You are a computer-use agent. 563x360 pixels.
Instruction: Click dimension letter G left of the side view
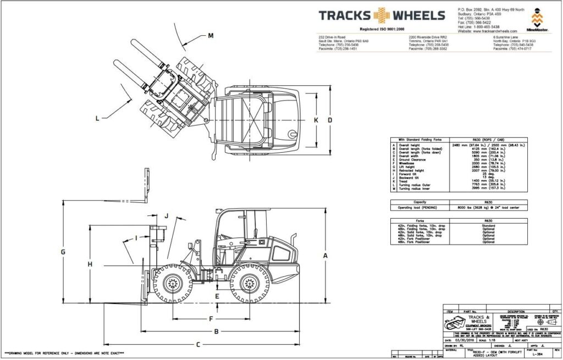click(63, 252)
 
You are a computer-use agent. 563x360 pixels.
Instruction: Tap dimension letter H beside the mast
click(90, 264)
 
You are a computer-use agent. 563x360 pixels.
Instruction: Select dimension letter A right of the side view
click(325, 256)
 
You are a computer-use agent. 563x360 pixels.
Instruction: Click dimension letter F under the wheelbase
click(211, 319)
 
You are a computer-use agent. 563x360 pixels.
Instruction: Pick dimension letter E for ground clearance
click(218, 297)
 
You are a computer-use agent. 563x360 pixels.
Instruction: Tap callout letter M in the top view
click(211, 36)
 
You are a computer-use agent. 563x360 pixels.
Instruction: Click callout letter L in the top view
click(97, 118)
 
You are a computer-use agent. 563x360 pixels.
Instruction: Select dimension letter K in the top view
click(316, 120)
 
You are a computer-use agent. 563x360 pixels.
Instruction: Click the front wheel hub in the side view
click(173, 284)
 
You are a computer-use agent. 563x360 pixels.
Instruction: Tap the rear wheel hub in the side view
click(249, 284)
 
